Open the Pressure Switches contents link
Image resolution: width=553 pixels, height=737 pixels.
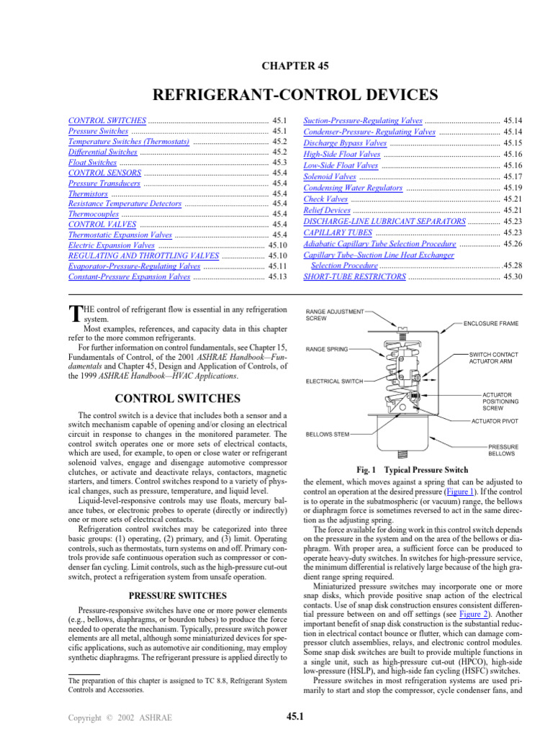tap(99, 132)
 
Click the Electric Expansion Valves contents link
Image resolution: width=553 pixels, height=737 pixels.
tap(111, 245)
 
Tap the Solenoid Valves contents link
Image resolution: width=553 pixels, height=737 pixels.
tap(330, 176)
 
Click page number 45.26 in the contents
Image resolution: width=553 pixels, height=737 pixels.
tap(513, 244)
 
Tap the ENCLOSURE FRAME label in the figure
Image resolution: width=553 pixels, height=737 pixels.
tap(490, 324)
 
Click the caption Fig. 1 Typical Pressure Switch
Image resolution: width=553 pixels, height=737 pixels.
tap(408, 470)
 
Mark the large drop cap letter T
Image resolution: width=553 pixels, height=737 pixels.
tap(72, 312)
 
